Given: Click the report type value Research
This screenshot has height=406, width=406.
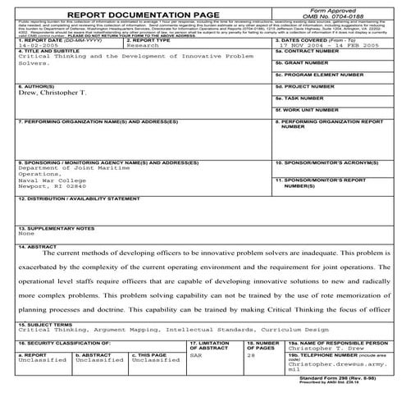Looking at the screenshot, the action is coord(144,47).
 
